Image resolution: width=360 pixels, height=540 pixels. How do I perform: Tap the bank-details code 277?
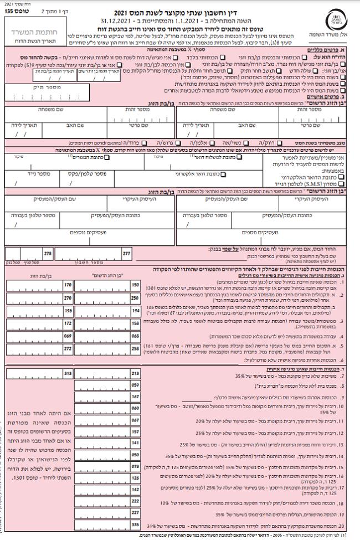click(x=126, y=253)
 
